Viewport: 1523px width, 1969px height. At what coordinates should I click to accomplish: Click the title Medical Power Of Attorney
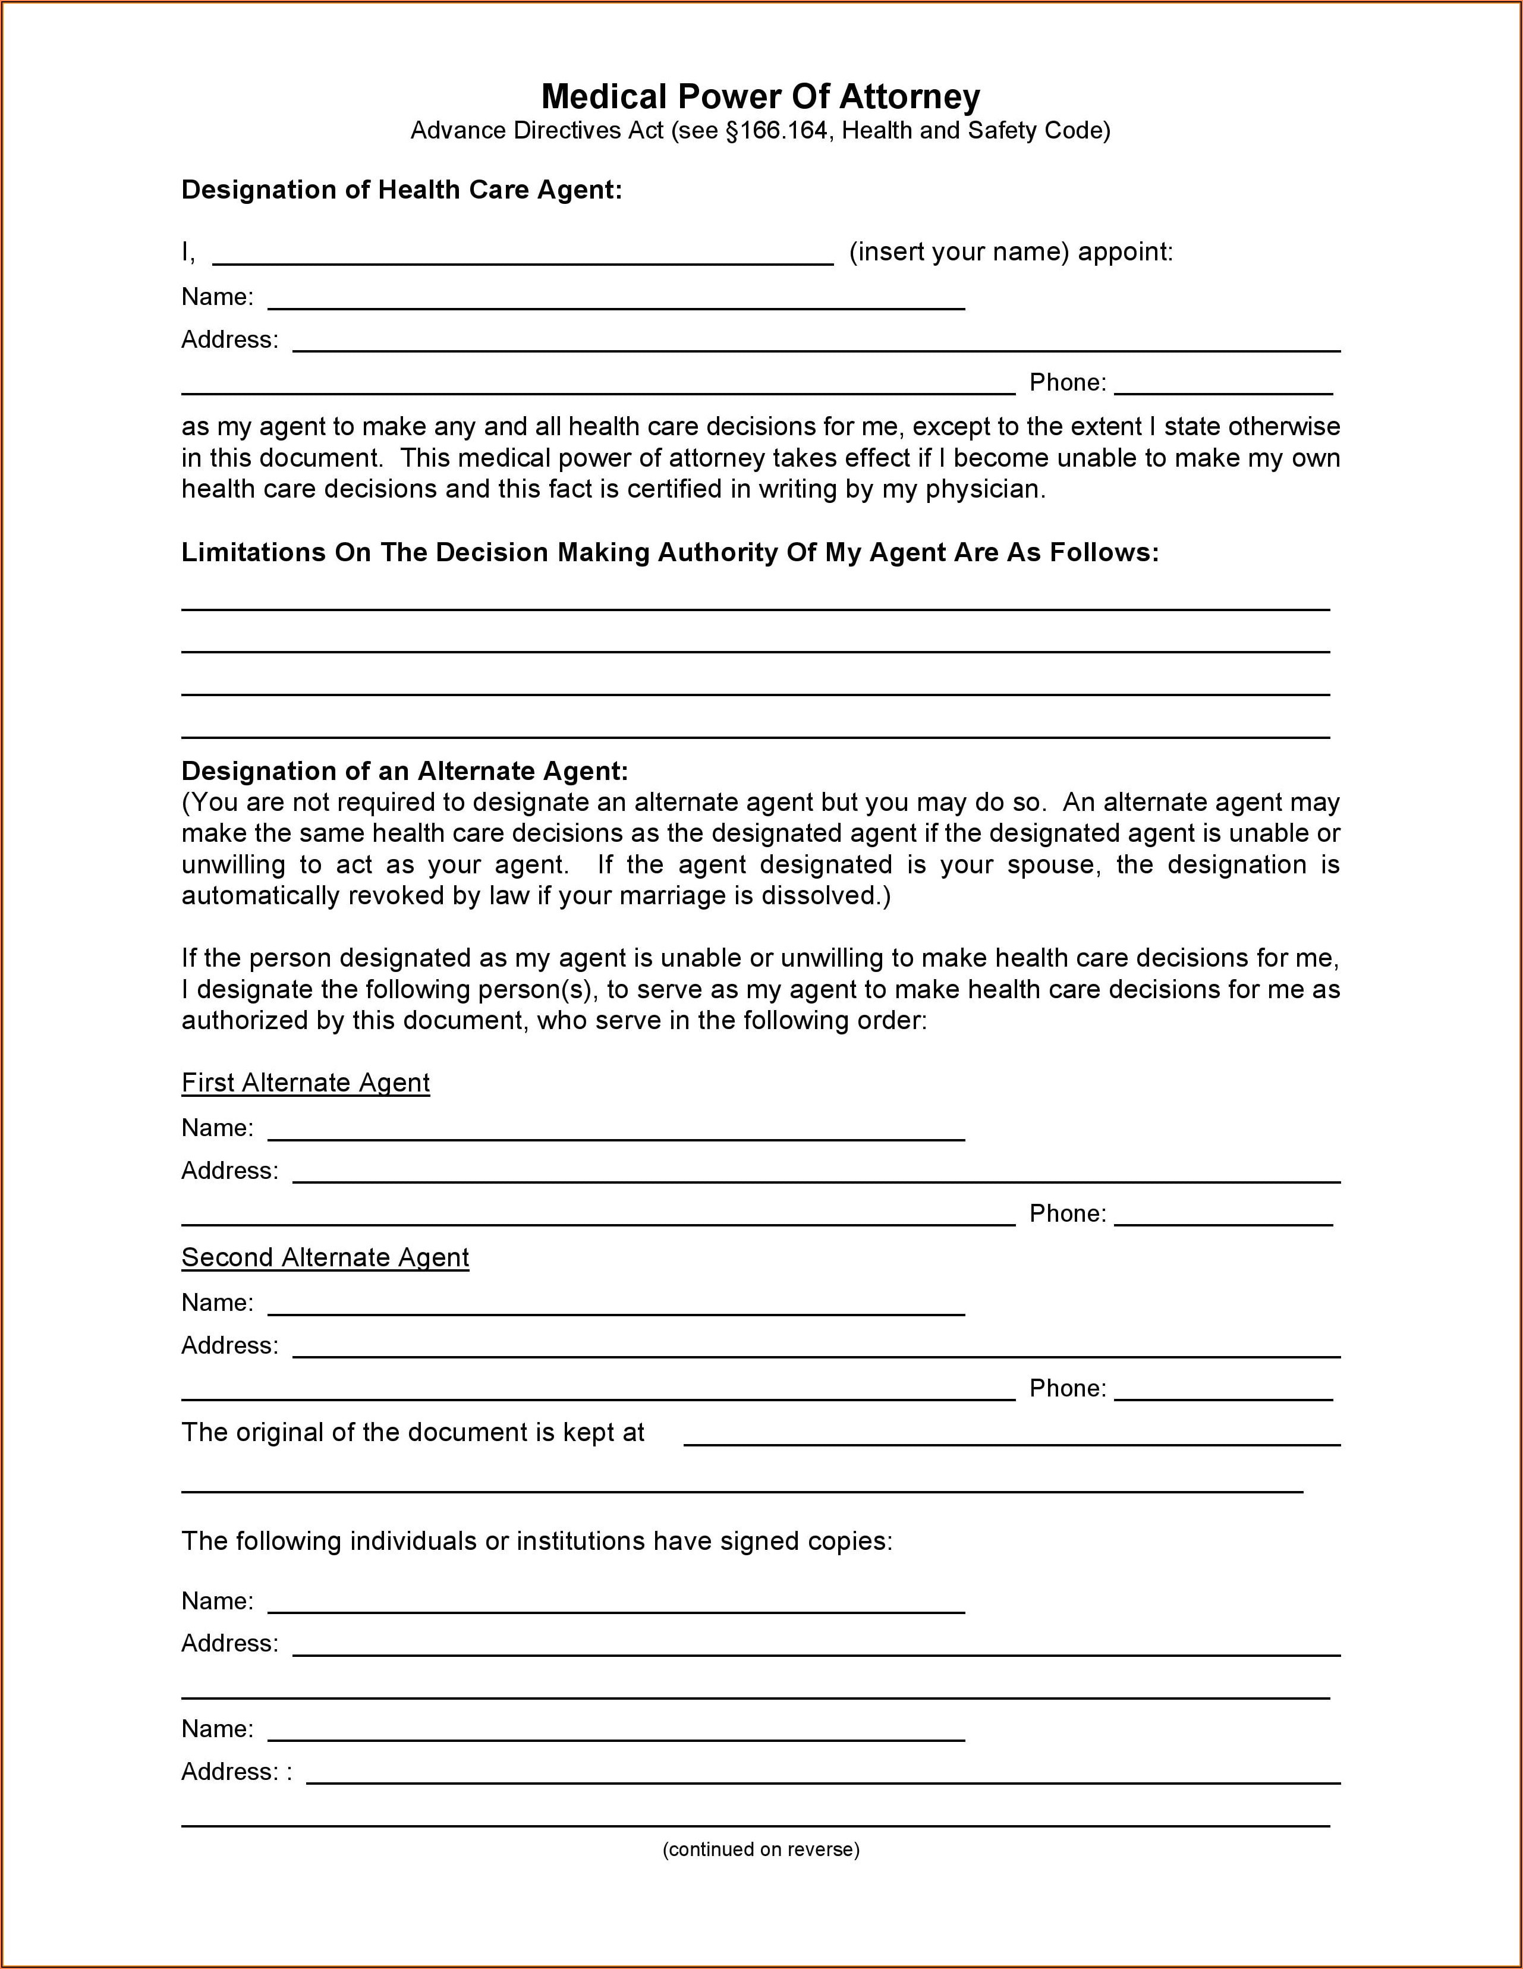click(x=760, y=96)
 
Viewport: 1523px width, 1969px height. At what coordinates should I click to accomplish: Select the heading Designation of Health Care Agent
click(x=401, y=190)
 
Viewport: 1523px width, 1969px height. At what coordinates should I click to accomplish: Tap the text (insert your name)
click(x=958, y=253)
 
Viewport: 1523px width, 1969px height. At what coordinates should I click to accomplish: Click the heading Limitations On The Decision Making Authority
click(x=669, y=553)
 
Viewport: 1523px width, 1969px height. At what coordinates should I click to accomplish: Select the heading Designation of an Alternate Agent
click(x=404, y=771)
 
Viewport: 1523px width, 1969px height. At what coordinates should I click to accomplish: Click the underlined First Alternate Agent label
click(x=305, y=1083)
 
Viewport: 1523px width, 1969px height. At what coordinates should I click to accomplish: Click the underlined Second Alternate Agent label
click(x=325, y=1257)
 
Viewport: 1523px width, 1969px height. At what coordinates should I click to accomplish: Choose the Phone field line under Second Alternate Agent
click(x=1223, y=1398)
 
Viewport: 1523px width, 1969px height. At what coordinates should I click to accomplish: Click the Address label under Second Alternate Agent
click(x=229, y=1346)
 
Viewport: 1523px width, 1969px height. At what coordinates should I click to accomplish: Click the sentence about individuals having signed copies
click(x=537, y=1542)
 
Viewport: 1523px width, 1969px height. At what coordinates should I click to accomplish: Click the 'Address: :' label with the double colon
click(x=236, y=1772)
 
